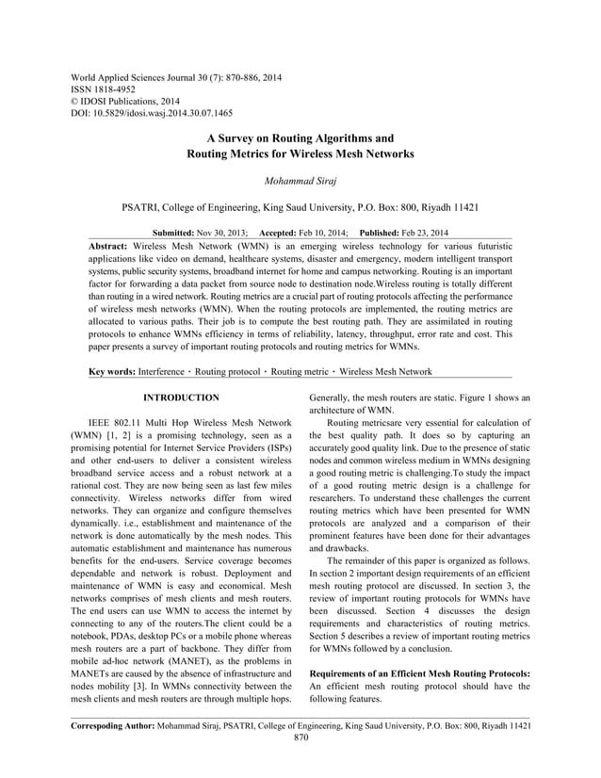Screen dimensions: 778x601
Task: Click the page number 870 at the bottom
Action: (300, 738)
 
